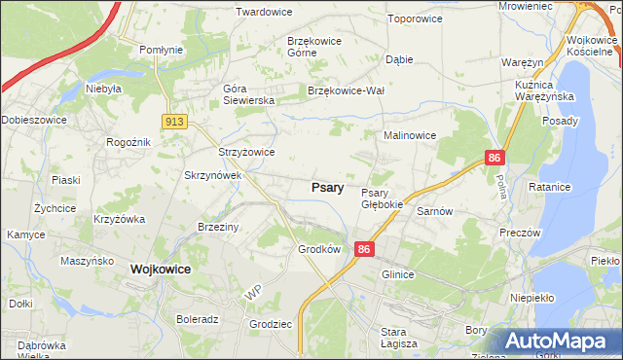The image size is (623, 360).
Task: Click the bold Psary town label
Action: tap(326, 187)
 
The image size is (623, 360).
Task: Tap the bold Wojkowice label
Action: tap(160, 269)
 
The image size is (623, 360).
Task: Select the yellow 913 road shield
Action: tap(175, 121)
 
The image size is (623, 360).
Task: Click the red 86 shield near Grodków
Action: tap(364, 250)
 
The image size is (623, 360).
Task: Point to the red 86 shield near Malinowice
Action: tap(495, 156)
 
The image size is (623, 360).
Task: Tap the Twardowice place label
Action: tap(265, 13)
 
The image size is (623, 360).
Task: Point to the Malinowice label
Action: tap(409, 135)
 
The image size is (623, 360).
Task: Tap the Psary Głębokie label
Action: tap(382, 198)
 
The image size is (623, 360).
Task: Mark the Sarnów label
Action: tap(434, 210)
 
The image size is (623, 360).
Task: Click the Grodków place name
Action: tap(318, 249)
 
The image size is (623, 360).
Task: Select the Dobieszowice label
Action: tap(33, 120)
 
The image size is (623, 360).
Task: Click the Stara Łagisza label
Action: tap(399, 338)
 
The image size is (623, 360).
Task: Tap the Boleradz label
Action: tap(198, 318)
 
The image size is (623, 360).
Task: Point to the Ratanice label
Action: tap(573, 185)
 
